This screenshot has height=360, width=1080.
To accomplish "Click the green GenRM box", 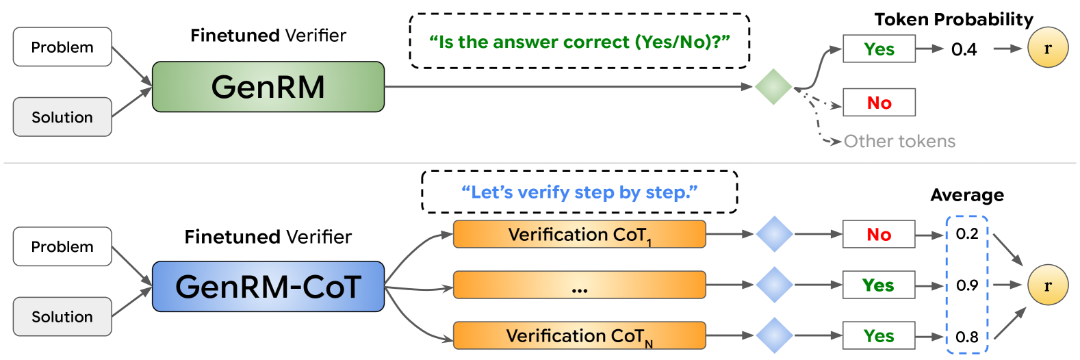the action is click(268, 87).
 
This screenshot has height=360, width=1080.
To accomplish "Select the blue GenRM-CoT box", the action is click(268, 286).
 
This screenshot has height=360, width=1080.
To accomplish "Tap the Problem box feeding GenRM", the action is click(62, 47).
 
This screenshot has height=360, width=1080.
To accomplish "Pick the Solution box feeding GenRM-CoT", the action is click(62, 317).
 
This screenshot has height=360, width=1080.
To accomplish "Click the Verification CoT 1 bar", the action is click(580, 234).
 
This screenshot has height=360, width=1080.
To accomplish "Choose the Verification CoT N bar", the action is click(580, 335).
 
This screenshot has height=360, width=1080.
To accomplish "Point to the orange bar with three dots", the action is click(580, 285).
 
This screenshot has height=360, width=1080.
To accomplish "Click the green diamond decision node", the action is click(773, 87).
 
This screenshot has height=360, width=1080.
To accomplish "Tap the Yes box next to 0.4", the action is click(879, 49).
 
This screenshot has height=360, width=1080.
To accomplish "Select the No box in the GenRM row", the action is click(879, 102).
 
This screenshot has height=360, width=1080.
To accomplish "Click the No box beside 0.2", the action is click(879, 234).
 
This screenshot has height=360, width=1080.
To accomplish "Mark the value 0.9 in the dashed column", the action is click(967, 285).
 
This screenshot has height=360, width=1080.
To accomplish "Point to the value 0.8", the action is click(967, 336).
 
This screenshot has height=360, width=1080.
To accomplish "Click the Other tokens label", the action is click(900, 141).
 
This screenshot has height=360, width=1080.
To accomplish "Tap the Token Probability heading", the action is click(953, 19).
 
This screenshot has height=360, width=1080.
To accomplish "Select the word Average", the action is click(967, 194).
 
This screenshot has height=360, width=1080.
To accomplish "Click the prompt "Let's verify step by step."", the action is click(580, 192).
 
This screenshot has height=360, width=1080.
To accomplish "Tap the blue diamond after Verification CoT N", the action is click(774, 335).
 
